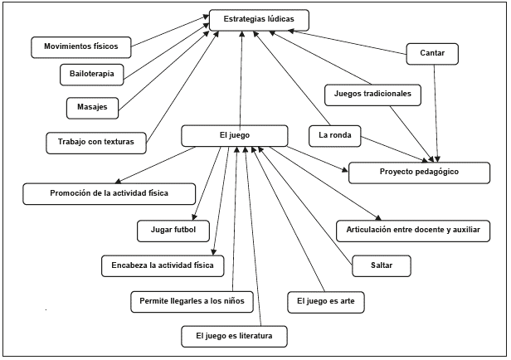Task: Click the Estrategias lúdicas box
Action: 259,21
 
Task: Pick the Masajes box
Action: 91,107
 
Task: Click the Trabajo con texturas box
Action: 95,141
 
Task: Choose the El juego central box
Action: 234,135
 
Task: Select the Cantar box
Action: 433,55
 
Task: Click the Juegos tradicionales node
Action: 373,94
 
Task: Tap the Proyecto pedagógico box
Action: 415,173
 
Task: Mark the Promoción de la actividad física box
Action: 109,193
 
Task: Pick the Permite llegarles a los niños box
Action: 191,300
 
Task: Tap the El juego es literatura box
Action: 236,336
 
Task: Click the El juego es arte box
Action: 325,300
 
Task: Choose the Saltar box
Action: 382,265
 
